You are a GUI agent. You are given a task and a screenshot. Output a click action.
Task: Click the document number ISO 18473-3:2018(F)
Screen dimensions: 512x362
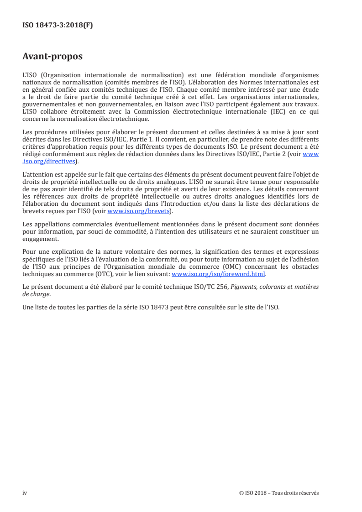(58, 26)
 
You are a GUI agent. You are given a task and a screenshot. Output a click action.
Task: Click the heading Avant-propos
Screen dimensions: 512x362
(52, 57)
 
